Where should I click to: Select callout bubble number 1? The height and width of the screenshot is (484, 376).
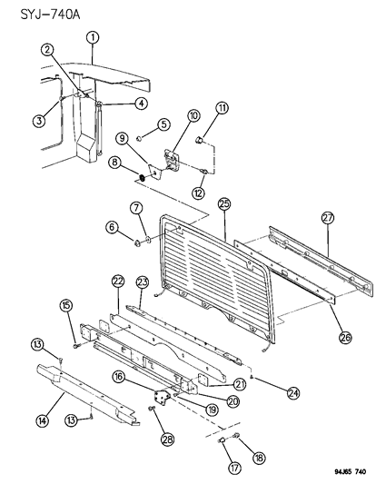coord(93,37)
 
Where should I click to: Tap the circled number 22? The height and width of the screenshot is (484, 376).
coord(117,281)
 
